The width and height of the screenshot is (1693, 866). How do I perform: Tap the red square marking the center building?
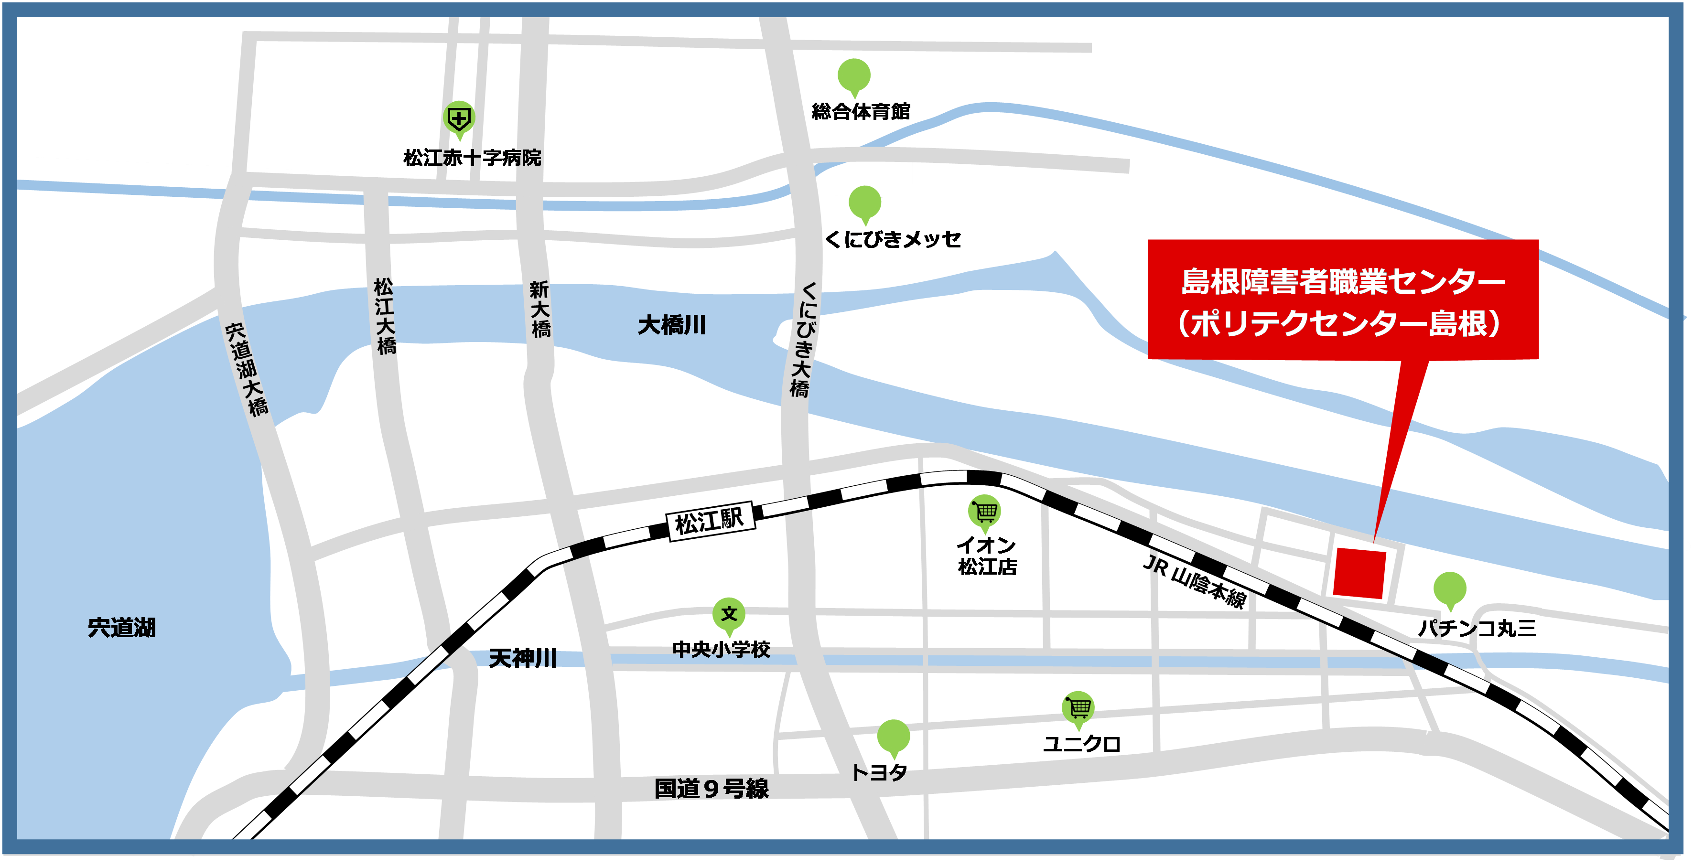(x=1359, y=574)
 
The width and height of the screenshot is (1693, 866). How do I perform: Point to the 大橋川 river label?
(x=672, y=325)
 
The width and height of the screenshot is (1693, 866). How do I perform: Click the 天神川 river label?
(x=522, y=658)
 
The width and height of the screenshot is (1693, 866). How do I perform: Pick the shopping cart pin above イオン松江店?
(x=984, y=511)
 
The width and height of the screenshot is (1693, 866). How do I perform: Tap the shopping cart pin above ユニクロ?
(x=1078, y=707)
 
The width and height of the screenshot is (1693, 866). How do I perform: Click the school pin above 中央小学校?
(x=729, y=614)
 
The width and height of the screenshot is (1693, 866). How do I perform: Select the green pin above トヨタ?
(x=893, y=736)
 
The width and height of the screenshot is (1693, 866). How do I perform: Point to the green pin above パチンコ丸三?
(x=1450, y=588)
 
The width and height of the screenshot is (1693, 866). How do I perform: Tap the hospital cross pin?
(x=459, y=119)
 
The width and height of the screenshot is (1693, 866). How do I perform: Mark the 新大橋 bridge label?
(x=540, y=309)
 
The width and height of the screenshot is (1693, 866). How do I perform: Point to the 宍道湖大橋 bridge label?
(x=247, y=369)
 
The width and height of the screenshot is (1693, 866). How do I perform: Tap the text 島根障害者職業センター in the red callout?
(x=1343, y=281)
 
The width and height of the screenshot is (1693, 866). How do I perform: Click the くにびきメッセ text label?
(x=893, y=239)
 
